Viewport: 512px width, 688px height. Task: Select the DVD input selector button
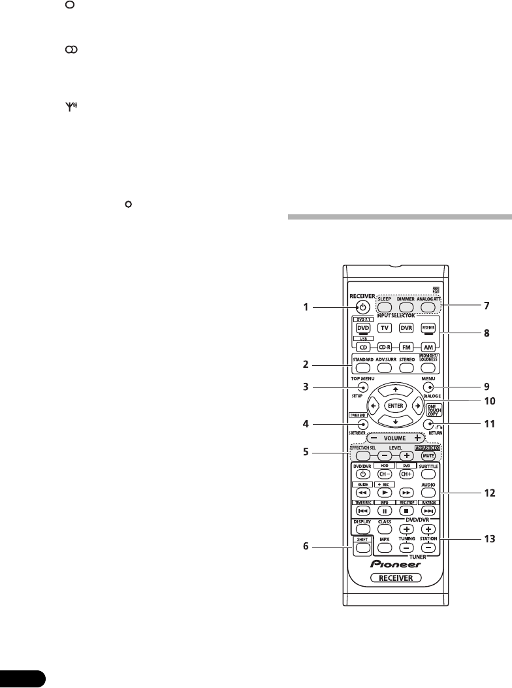[362, 328]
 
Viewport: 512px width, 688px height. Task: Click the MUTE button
[429, 455]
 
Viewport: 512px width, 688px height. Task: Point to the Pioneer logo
[395, 564]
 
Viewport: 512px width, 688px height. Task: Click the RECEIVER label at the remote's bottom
[394, 578]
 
